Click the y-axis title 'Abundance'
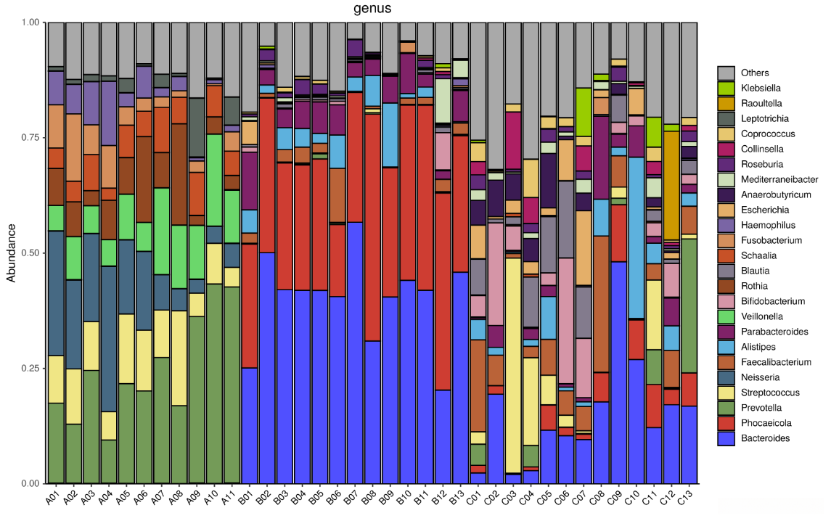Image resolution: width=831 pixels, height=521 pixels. (11, 253)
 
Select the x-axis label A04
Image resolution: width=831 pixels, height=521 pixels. (106, 498)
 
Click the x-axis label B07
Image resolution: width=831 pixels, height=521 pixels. (353, 498)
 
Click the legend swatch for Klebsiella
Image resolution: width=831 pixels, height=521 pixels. (726, 88)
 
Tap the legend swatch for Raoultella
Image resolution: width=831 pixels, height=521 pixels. (726, 103)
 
